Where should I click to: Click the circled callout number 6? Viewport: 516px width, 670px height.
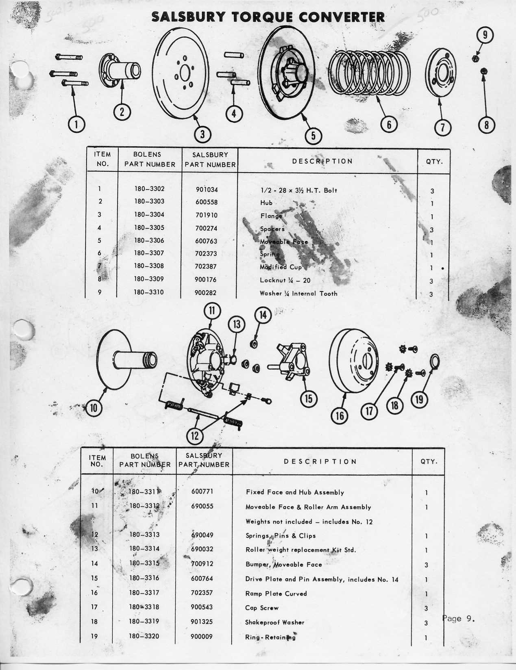[389, 124]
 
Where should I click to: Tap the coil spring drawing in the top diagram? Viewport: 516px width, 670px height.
[369, 73]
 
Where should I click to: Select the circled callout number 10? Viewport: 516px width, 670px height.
[94, 407]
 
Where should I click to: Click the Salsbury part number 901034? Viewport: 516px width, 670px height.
[207, 190]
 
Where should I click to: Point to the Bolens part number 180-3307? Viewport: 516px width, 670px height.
[149, 253]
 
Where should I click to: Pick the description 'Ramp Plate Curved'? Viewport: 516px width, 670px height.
[276, 594]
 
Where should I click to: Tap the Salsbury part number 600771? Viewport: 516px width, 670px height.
[202, 492]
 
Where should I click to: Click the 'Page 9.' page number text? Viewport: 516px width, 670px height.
[458, 618]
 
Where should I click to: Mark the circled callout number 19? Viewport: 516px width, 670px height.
[419, 400]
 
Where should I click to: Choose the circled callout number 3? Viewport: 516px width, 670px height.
[202, 134]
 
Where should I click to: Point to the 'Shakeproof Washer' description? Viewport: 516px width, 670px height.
[275, 622]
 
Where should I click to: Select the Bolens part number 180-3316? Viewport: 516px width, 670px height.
[144, 578]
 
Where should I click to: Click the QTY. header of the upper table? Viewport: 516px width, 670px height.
[434, 162]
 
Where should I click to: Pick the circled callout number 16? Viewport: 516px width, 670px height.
[340, 415]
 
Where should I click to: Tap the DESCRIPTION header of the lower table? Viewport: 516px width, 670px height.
[320, 462]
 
